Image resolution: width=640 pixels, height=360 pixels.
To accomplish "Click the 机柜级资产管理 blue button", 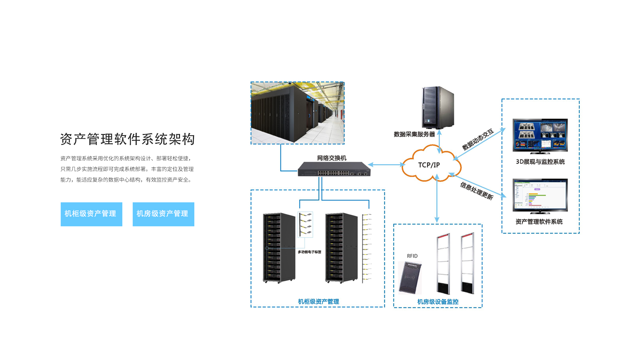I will coord(91,214).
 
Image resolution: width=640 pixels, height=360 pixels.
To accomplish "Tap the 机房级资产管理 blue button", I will coord(163,214).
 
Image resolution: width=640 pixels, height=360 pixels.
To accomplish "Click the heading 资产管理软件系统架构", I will coord(127,139).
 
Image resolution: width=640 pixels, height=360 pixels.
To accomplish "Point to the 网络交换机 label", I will coord(332,158).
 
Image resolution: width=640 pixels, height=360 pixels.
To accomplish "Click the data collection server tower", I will coord(437,107).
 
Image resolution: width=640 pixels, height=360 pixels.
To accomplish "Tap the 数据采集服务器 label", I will coord(414,134).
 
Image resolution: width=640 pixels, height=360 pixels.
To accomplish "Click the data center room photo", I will coord(297,113).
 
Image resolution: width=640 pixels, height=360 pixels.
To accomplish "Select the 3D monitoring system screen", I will coord(540,135).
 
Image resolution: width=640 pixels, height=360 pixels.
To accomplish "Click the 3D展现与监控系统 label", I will coord(540,162).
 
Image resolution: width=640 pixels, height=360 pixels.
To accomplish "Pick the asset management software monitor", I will coord(540,195).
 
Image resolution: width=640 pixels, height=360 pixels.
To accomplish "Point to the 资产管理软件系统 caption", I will coord(539,222).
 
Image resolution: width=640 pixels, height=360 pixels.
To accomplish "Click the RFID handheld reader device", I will coord(410,277).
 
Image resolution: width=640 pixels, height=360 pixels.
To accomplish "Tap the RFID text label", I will coord(412,256).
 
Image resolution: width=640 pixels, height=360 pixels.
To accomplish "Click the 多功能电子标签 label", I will coord(309,252).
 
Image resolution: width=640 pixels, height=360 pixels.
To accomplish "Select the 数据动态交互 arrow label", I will coord(477,140).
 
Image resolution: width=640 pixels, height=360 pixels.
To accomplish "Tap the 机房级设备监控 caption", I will coord(438,302).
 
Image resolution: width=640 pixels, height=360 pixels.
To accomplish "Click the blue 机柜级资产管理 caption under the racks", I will coord(318,302).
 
